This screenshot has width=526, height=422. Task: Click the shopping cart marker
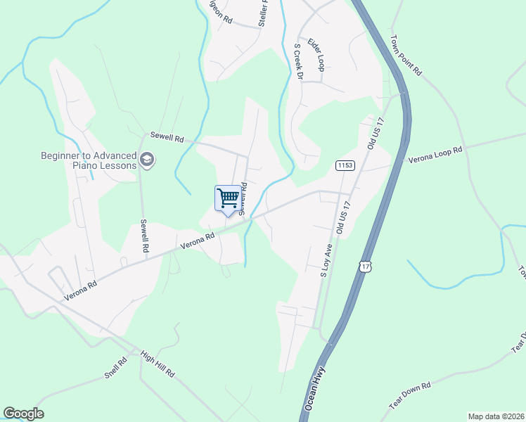[x=227, y=198]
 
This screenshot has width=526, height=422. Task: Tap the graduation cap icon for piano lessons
[x=147, y=160]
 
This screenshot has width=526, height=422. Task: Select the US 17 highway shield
[x=364, y=266]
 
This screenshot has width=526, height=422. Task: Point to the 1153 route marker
[x=345, y=165]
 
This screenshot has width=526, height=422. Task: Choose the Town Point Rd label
[x=406, y=56]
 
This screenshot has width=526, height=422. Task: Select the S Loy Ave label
[x=326, y=261]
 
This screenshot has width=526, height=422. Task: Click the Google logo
[x=23, y=414]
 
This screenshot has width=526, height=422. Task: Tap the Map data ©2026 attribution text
[x=496, y=416]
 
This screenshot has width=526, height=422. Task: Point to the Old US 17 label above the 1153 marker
[x=373, y=133]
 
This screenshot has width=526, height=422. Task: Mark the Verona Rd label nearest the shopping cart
[x=197, y=242]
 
